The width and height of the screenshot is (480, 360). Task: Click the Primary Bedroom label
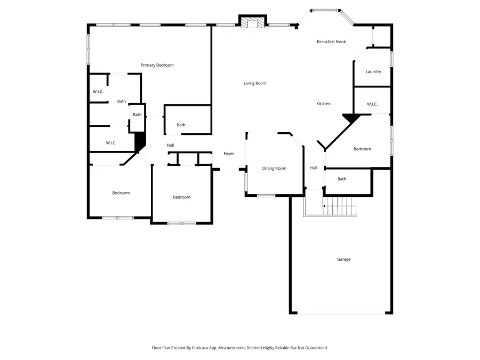[x=157, y=65]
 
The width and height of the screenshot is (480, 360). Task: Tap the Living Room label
[x=255, y=83]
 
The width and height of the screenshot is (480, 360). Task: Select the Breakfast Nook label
[x=331, y=42]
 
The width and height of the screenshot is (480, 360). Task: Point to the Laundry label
[x=373, y=71]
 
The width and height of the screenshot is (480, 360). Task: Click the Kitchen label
[x=323, y=104]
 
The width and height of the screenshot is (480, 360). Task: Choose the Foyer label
[x=229, y=154]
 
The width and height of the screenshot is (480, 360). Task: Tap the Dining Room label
[x=274, y=169]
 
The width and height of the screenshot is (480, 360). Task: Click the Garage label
[x=344, y=259]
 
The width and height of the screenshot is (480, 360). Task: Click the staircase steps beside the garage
[x=340, y=206]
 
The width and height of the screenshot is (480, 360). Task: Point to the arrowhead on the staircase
[x=324, y=206]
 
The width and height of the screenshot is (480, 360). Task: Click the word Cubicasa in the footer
[x=201, y=348]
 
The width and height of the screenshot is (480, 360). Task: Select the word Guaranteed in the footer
[x=317, y=348]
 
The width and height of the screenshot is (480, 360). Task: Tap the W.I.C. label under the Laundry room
[x=372, y=105]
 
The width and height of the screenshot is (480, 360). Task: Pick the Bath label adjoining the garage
[x=342, y=179]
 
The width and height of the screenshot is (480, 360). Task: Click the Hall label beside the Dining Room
[x=314, y=168]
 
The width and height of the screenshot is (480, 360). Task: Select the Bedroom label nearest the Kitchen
[x=362, y=149]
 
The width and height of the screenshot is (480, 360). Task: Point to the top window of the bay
[x=325, y=11]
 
